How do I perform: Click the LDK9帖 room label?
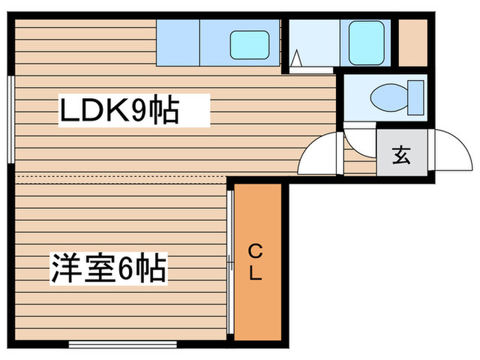(x=119, y=110)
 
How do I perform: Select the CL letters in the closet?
(x=255, y=261)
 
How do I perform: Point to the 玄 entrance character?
(x=401, y=156)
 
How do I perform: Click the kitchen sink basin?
(x=248, y=45)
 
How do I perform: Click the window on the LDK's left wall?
(x=11, y=119)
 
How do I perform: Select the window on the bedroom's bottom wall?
(x=110, y=344)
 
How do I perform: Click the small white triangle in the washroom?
(x=297, y=60)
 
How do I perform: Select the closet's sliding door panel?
(x=230, y=261)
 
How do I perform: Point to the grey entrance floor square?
(x=401, y=156)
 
